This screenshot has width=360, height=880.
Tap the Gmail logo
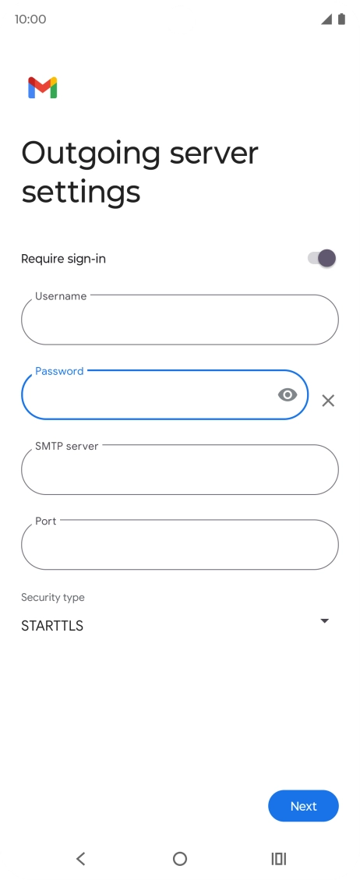pos(43,87)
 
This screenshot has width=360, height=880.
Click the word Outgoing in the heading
pos(90,154)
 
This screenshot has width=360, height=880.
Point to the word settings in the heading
pos(81,193)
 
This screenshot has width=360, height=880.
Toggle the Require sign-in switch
pos(322,258)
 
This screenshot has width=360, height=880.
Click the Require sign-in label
pos(63,259)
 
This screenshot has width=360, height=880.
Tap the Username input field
pos(180,320)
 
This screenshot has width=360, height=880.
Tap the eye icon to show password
pos(287,395)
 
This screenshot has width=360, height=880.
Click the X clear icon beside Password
pos(328,401)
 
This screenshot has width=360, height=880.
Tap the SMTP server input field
pos(180,470)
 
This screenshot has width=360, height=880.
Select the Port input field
pos(180,544)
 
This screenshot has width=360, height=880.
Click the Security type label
pos(53,597)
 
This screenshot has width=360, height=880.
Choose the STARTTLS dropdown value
pos(52,626)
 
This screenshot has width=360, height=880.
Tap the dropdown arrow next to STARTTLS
pos(324,620)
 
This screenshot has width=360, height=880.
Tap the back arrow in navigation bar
pos(81,858)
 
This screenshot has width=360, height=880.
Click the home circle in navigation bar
pos(180,858)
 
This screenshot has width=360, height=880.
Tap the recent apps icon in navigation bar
pos(279,858)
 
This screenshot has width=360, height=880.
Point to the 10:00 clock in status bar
pos(30,19)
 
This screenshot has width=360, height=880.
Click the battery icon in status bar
pos(341,19)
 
